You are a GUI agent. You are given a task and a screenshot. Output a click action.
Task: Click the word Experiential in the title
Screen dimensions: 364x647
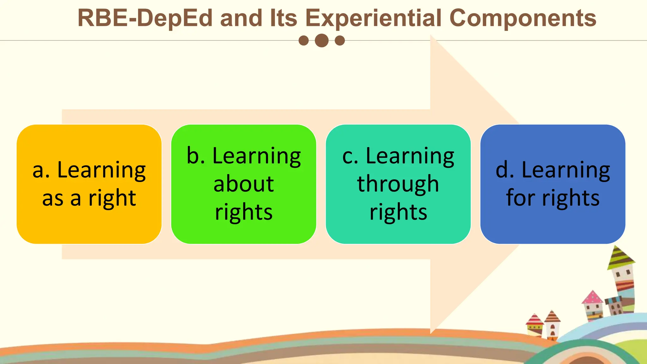(373, 18)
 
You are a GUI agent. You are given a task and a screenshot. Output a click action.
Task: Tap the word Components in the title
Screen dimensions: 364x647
(523, 18)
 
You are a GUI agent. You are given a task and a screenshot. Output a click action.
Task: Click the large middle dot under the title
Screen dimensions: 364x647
(322, 40)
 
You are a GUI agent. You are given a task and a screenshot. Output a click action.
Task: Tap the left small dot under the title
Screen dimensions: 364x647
(304, 40)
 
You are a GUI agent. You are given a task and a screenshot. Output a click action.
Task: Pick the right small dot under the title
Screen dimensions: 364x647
(340, 40)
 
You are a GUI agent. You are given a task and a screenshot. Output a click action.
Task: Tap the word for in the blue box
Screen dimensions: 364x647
(521, 198)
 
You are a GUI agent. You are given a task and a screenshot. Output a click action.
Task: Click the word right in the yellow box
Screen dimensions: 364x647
(112, 199)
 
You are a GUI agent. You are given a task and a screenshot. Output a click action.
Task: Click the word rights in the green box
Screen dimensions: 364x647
(244, 212)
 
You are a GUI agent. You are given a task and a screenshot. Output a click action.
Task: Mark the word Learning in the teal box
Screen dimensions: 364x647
(410, 156)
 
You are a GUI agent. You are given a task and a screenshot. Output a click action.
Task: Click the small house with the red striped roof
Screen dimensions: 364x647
(534, 324)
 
